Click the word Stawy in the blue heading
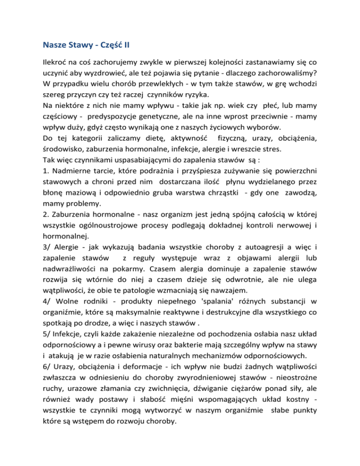[x=82, y=46]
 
